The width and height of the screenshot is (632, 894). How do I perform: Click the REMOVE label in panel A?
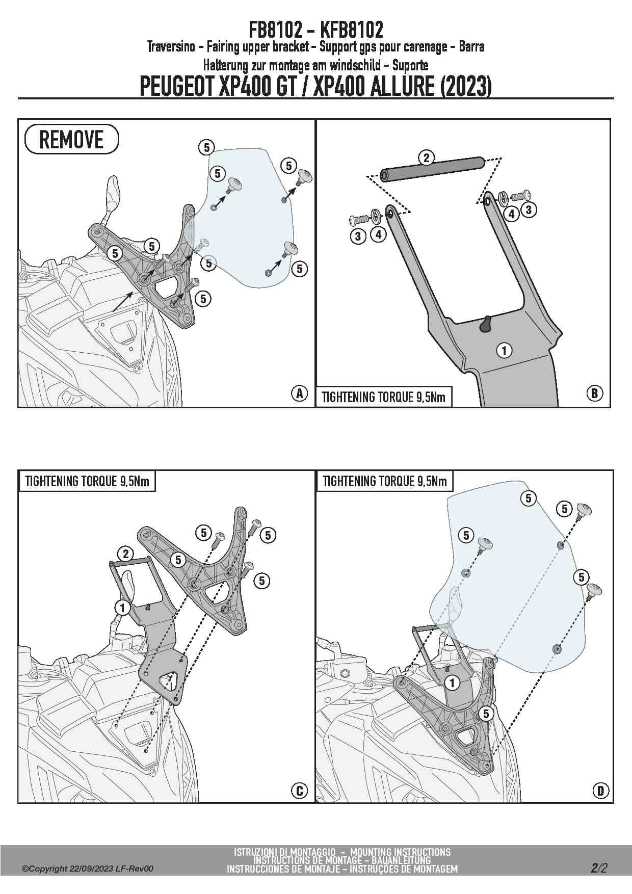[x=71, y=139]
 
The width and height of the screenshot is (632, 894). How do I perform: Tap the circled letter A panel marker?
[x=299, y=393]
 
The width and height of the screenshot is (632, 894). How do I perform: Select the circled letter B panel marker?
[x=594, y=393]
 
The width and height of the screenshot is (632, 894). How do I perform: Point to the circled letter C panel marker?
[x=299, y=791]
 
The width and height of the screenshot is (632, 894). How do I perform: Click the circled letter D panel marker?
[x=601, y=791]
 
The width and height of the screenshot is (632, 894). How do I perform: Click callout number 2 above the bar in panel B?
[x=426, y=157]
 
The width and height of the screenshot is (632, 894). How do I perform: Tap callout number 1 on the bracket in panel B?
[x=504, y=350]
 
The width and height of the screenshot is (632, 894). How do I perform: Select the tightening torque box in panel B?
[x=384, y=397]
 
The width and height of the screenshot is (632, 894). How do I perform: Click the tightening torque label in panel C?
[x=87, y=481]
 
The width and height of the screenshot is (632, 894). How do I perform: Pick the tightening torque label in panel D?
[x=384, y=481]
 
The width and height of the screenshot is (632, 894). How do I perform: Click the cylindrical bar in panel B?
[x=432, y=169]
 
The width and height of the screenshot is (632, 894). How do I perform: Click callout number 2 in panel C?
[x=125, y=554]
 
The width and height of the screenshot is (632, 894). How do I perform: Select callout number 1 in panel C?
[x=122, y=608]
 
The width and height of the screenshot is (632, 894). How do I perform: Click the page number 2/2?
[x=599, y=867]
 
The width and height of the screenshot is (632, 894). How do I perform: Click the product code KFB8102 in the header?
[x=352, y=30]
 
